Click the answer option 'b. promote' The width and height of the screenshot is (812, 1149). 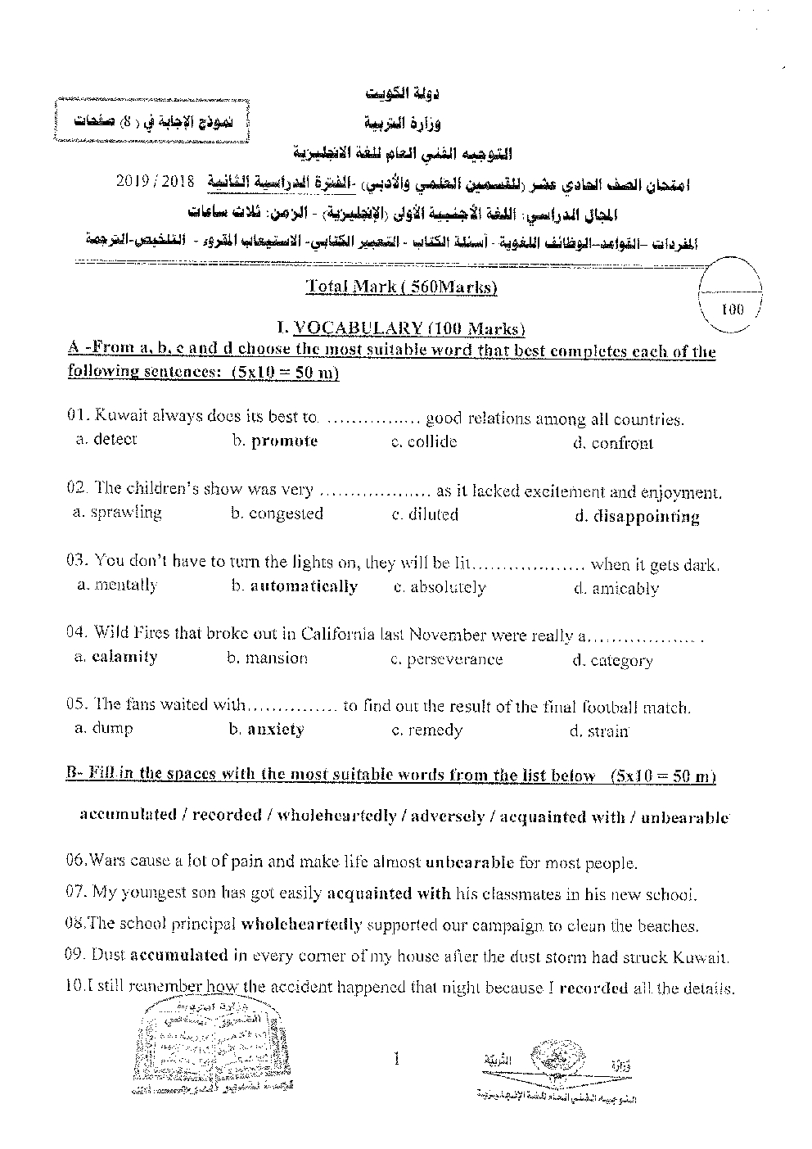(274, 441)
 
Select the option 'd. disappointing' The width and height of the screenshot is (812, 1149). (636, 517)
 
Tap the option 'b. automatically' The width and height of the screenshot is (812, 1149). (294, 586)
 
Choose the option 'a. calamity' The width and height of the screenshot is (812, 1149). (115, 657)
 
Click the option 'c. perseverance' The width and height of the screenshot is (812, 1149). (446, 659)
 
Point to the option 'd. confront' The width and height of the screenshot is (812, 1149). (612, 444)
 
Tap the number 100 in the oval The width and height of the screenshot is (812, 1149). (733, 310)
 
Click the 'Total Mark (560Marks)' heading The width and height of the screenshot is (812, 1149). (401, 287)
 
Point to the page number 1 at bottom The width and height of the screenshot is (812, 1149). (396, 1060)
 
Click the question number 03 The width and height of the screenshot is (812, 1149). (77, 563)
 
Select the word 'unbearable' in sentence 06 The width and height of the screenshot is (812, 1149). (470, 862)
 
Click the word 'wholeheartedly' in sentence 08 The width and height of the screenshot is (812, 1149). (301, 925)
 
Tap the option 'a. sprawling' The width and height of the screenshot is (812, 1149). (116, 513)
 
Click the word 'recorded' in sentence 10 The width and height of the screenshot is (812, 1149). (593, 988)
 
